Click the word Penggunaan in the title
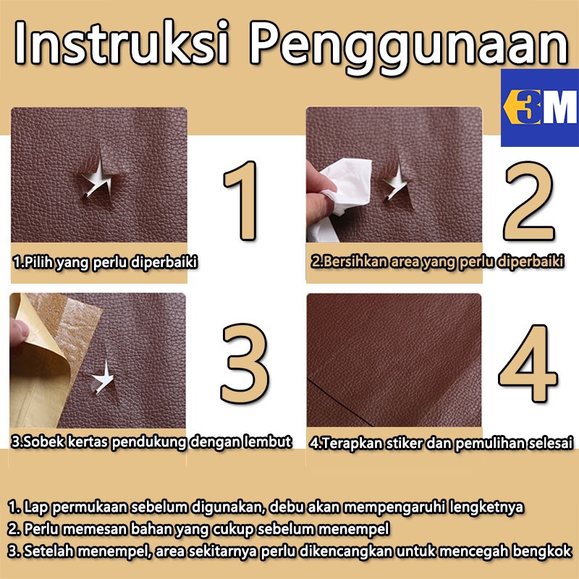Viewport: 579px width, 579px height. [409, 47]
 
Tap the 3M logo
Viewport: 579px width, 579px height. [540, 107]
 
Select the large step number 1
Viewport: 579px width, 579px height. [242, 200]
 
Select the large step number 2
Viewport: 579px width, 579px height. [529, 201]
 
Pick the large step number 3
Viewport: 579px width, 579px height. [245, 363]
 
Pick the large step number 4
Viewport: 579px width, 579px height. [528, 363]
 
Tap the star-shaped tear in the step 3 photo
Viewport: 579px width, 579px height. [103, 377]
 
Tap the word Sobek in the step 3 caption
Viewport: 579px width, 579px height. [38, 441]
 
